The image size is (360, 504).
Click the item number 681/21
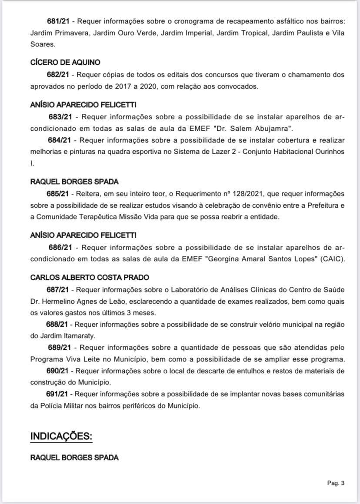click(x=58, y=21)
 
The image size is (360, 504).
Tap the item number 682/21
click(x=58, y=75)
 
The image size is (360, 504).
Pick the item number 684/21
click(x=59, y=140)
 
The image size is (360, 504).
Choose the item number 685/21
click(x=58, y=193)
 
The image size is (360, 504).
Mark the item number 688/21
click(x=58, y=325)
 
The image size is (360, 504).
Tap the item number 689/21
click(x=60, y=348)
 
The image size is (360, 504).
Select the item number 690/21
click(x=58, y=371)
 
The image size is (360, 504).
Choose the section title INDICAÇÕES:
click(x=61, y=436)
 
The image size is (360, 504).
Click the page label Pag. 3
click(x=336, y=483)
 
